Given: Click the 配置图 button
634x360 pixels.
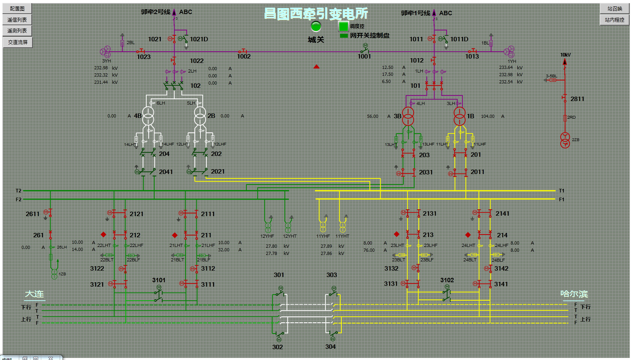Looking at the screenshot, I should [17, 8].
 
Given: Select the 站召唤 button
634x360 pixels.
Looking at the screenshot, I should [614, 8].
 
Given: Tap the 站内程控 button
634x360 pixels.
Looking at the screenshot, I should [614, 20].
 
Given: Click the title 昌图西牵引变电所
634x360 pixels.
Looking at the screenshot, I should [316, 14].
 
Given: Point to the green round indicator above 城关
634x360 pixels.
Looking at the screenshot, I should [316, 26].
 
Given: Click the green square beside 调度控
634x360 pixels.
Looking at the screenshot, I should [343, 26].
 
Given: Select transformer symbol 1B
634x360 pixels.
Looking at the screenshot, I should [460, 116].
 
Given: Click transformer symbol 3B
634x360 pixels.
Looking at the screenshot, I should [408, 116].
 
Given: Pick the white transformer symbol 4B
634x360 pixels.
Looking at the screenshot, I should [148, 116].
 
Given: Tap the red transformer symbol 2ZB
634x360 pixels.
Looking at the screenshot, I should [565, 140].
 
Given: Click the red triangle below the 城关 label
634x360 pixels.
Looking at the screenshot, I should [317, 67].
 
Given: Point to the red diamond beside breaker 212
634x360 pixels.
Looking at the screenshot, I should [103, 235].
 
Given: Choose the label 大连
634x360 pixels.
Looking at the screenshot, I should [34, 294].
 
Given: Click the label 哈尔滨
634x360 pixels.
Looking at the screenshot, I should [574, 294].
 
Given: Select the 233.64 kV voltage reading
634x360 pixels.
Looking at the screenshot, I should [506, 67].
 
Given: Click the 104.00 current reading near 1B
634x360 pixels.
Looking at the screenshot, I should [488, 116].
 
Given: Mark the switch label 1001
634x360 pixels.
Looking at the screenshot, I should [364, 57].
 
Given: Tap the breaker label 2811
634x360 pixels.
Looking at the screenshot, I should [577, 99].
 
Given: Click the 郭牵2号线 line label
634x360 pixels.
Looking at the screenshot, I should [155, 12].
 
